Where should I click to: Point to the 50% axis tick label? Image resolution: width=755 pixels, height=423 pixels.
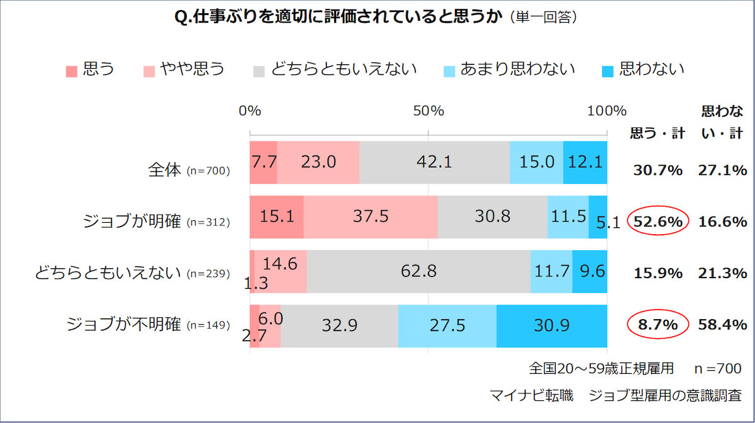(x=429, y=111)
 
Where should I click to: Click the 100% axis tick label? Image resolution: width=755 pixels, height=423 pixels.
(x=607, y=111)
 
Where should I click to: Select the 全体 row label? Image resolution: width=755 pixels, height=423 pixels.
(x=164, y=170)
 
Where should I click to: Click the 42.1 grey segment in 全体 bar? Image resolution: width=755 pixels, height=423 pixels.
(x=434, y=162)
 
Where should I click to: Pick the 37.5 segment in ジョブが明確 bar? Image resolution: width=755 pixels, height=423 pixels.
(x=371, y=217)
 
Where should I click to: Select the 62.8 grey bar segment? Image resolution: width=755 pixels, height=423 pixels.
(x=418, y=271)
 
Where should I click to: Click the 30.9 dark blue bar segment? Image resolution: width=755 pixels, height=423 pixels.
(x=552, y=325)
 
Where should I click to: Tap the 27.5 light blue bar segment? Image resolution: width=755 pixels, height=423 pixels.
(x=447, y=325)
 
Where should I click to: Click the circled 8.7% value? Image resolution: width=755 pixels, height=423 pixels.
(x=657, y=325)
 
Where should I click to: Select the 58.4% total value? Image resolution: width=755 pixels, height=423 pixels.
(x=722, y=325)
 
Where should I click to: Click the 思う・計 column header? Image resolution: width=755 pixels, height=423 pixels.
(x=657, y=133)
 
